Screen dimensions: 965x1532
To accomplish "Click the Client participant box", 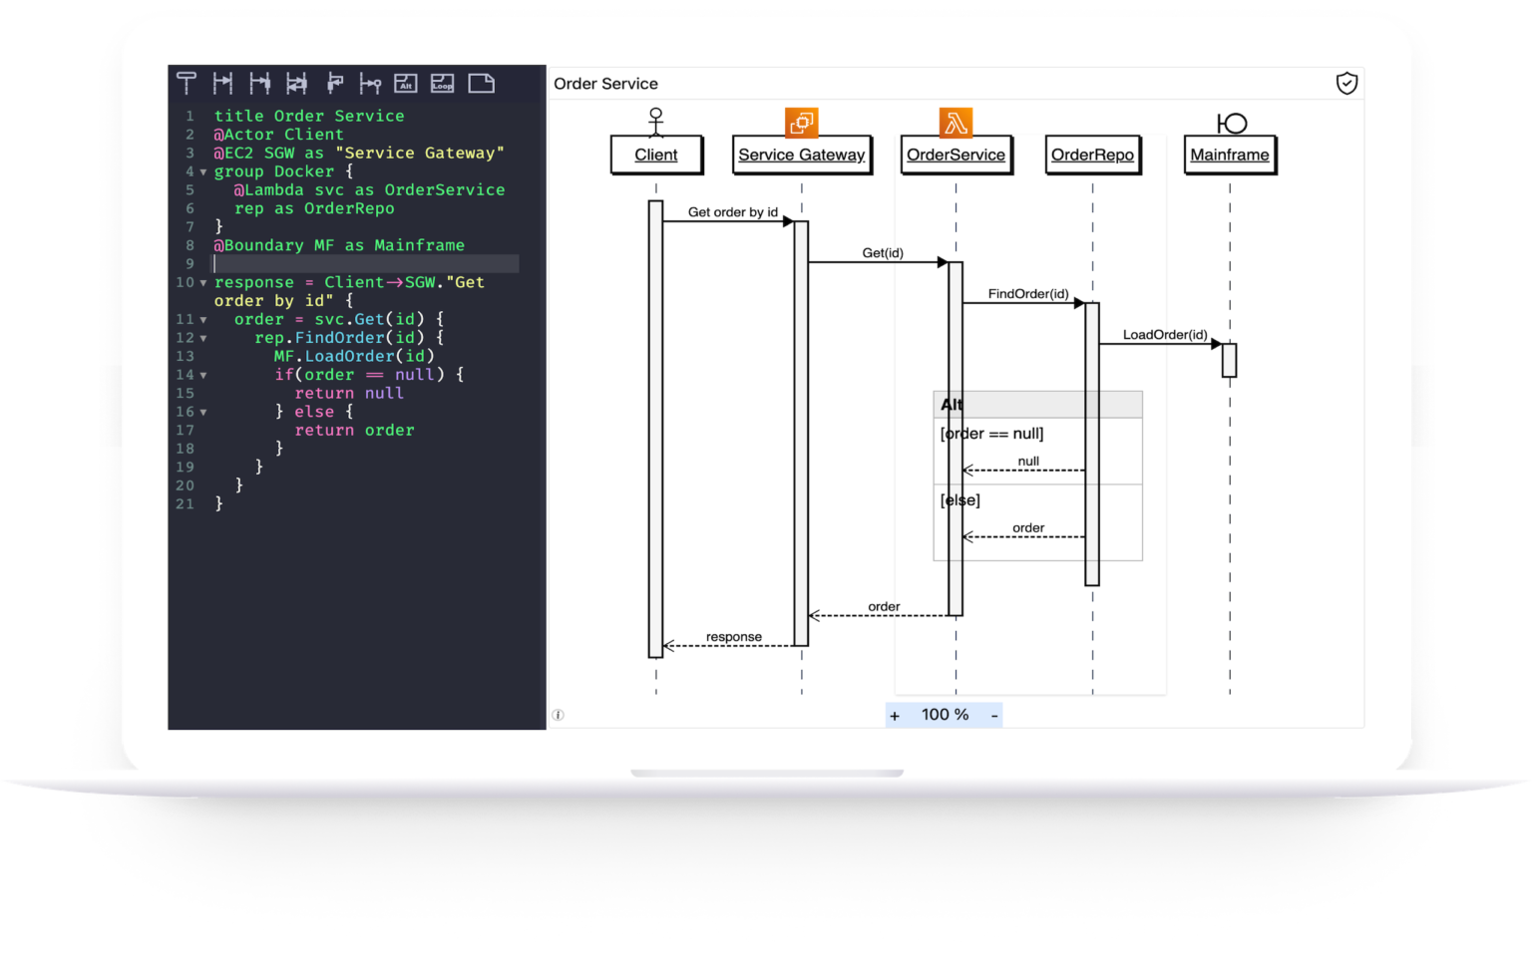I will pos(655,155).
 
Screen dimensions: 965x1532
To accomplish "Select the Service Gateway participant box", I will pos(801,155).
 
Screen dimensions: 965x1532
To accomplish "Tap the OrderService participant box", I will pos(956,155).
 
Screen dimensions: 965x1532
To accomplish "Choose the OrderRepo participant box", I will pos(1092,155).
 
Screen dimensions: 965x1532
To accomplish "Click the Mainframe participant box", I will pos(1229,155).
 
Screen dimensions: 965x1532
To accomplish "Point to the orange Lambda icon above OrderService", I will pos(956,123).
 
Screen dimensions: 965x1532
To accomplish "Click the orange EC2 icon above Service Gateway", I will pos(801,123).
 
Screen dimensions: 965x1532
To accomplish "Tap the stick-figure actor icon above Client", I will pos(655,121).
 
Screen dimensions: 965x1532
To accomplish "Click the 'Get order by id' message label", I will pos(732,212).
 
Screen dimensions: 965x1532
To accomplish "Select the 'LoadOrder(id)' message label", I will pos(1164,335).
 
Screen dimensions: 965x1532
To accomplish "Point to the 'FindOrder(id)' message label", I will pos(1027,294).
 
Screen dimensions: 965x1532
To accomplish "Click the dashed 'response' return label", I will pos(733,637).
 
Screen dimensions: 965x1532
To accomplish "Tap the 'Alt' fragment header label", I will pos(952,405).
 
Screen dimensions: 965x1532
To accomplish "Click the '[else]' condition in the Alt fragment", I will pos(959,500).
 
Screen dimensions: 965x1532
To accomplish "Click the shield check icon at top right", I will pos(1346,83).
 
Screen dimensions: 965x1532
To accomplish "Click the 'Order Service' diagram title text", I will pos(605,84).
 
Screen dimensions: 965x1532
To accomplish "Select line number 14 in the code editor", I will pos(185,375).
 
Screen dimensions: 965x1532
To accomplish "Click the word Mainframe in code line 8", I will pos(419,245).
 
